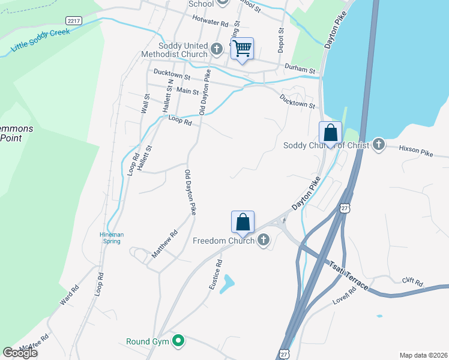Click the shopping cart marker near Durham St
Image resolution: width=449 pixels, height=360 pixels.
(243, 49)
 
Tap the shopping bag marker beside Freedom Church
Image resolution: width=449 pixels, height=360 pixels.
(243, 222)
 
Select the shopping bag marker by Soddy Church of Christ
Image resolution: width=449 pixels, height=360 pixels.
(330, 133)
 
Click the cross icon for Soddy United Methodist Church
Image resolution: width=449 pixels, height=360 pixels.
(217, 47)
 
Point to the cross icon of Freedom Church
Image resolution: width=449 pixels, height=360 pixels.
(263, 241)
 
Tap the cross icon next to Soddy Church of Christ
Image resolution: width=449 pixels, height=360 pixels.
(378, 145)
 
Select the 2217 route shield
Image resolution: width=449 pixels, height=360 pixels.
(74, 20)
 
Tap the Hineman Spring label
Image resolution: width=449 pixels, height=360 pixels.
(110, 238)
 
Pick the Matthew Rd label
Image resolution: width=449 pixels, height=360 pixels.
(164, 245)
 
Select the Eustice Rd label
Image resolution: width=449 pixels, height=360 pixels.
(215, 275)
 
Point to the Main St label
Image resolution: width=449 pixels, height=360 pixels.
(187, 91)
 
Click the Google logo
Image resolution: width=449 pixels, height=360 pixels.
(20, 353)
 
